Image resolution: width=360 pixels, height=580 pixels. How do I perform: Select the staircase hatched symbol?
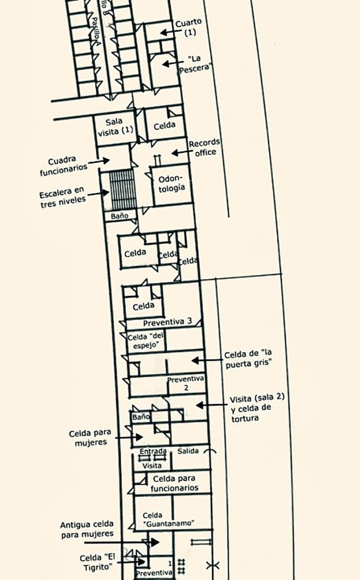pos(122,189)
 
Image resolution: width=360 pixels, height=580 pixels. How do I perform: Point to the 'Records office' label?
pos(204,147)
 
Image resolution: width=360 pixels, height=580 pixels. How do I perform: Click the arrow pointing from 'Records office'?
pos(179,152)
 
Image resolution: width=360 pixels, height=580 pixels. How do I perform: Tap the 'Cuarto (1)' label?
pos(189,27)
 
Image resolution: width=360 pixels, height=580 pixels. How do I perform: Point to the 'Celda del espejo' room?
pos(147,340)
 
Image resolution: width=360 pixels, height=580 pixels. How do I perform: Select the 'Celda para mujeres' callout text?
pos(90,437)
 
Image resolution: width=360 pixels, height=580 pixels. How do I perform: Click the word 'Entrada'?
pos(153,452)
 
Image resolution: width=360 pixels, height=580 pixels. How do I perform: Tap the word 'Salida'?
pos(189,452)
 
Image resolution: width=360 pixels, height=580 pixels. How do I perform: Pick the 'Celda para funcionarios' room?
pos(174,483)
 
